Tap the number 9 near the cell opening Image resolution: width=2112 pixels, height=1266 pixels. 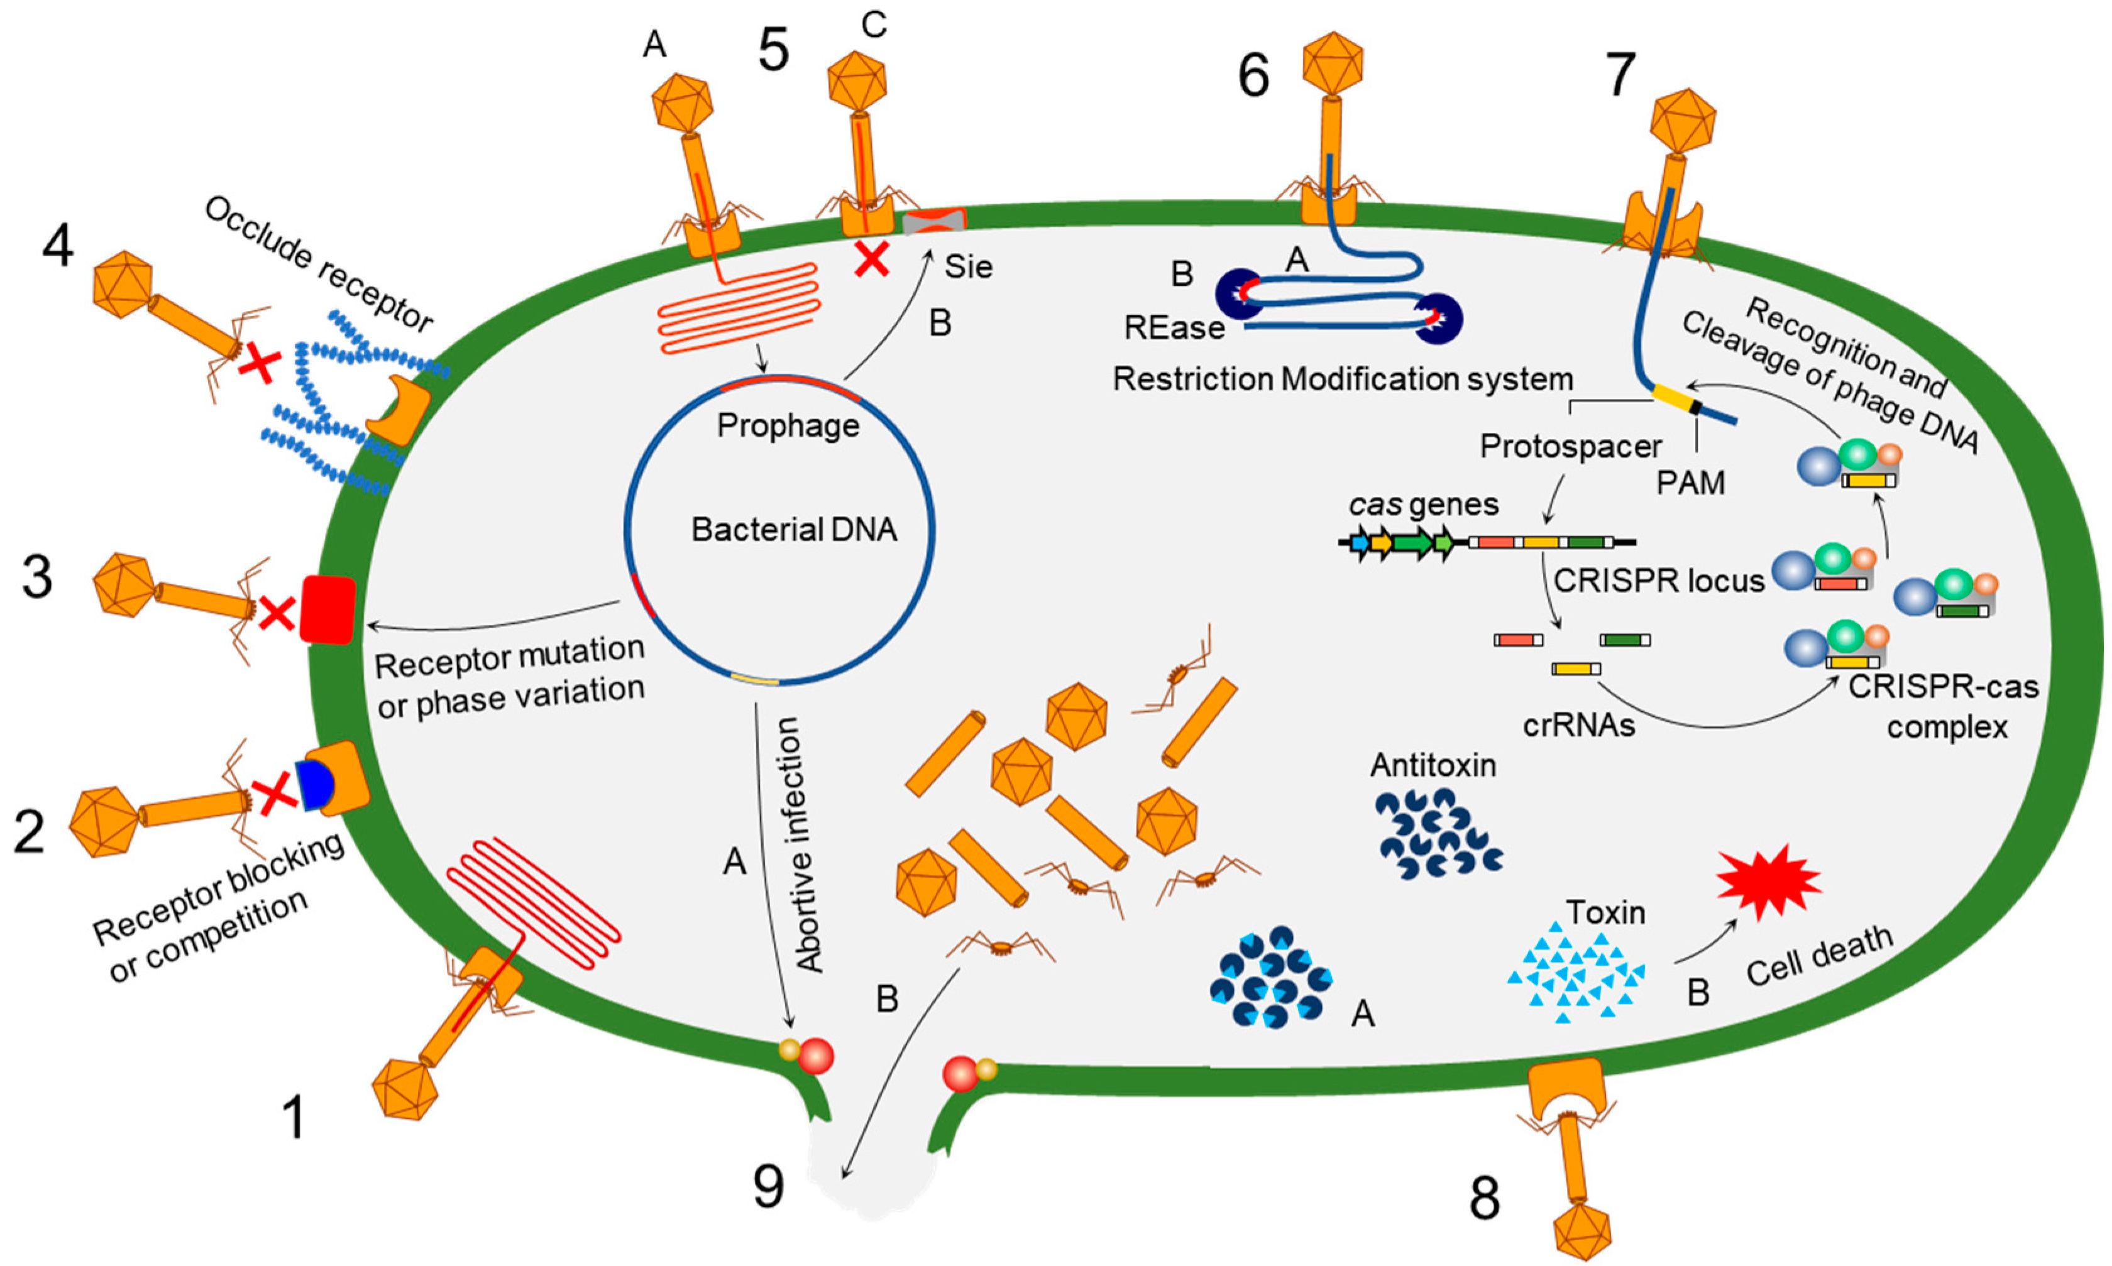pos(768,1186)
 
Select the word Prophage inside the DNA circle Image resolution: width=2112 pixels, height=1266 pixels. pos(788,425)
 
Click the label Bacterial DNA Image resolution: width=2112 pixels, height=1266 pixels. pos(794,530)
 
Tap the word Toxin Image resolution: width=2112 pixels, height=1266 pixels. pos(1605,913)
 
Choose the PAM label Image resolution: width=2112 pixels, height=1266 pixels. pos(1690,483)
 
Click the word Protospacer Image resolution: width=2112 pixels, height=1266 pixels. pos(1570,446)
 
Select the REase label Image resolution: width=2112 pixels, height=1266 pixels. pos(1174,327)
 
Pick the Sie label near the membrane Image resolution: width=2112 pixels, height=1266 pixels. pos(969,267)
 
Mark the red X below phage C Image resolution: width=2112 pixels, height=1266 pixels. pos(871,259)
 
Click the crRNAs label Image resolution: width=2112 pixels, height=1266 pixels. pos(1579,724)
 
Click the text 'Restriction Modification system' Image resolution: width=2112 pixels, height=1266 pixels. pos(1343,379)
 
